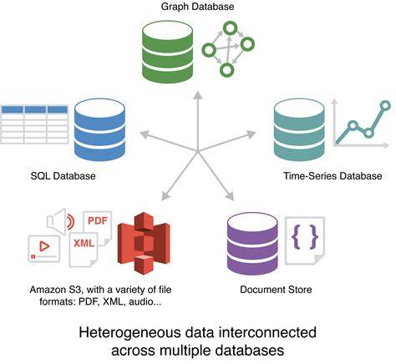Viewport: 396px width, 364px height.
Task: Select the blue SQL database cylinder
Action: coord(99,130)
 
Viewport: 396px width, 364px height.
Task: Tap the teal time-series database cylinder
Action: coord(299,130)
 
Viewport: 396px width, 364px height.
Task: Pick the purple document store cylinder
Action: coord(252,244)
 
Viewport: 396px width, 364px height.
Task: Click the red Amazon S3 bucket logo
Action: coord(144,243)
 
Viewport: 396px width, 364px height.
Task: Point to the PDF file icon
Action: coord(98,228)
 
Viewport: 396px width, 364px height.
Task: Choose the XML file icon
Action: coord(84,249)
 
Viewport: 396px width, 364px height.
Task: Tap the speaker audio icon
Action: coord(61,221)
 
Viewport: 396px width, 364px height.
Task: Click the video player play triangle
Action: coord(44,246)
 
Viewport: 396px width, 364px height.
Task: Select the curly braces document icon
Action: coord(305,240)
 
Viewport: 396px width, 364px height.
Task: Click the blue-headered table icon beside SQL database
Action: coord(34,124)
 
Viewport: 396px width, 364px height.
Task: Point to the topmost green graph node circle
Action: coord(231,28)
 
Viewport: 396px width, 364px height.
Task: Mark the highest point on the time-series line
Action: coord(385,105)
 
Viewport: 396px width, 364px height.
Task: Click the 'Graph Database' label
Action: coord(198,7)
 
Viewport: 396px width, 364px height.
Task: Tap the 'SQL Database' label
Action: coord(63,176)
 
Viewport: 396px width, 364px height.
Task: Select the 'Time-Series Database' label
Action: coord(333,176)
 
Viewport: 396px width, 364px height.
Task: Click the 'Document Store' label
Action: coord(276,290)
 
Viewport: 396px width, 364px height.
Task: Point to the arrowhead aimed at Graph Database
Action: coord(198,96)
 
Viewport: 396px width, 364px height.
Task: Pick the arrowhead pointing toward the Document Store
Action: coord(231,196)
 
